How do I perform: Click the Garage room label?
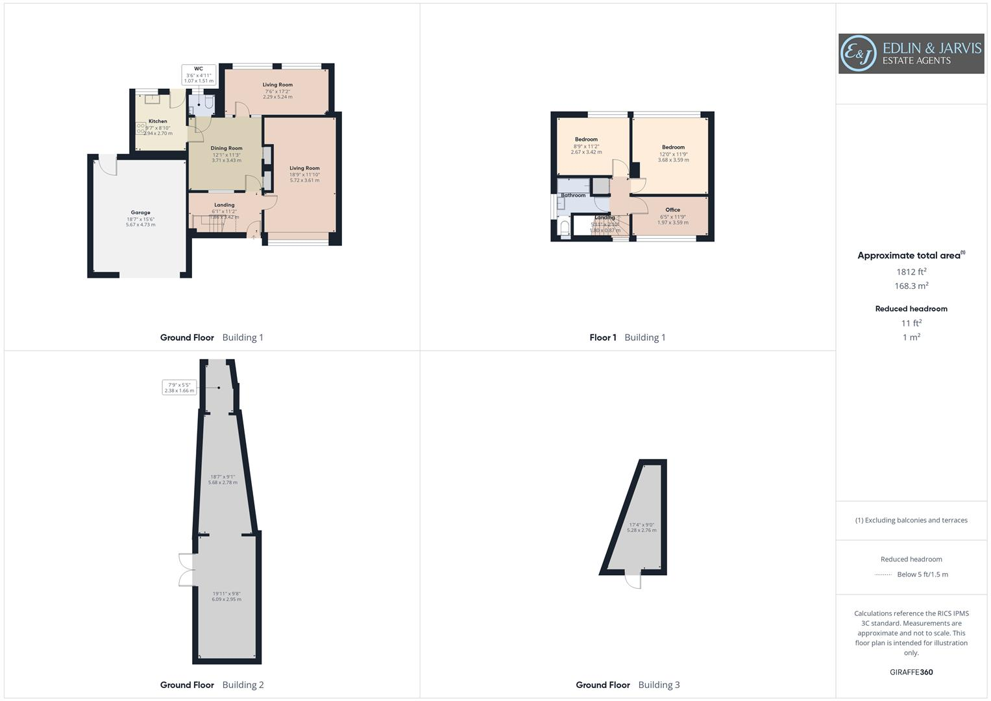click(140, 213)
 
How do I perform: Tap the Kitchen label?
click(158, 121)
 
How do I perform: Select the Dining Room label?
click(226, 148)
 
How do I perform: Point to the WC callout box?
click(199, 75)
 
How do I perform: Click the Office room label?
click(672, 210)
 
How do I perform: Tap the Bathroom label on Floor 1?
click(573, 195)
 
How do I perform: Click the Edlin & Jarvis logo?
click(911, 54)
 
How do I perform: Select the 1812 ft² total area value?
click(911, 272)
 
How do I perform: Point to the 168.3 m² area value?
click(911, 286)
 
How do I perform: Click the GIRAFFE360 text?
click(911, 672)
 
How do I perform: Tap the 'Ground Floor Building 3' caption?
click(628, 685)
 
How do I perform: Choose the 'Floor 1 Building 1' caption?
click(627, 338)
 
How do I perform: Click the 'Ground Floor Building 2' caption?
click(212, 685)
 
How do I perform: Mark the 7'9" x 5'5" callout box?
click(179, 387)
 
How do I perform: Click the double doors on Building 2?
click(186, 570)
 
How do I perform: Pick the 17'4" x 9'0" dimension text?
click(641, 528)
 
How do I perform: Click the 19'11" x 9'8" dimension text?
click(226, 596)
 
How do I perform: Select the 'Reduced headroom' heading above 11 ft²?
click(911, 309)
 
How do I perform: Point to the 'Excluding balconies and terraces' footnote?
click(911, 521)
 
